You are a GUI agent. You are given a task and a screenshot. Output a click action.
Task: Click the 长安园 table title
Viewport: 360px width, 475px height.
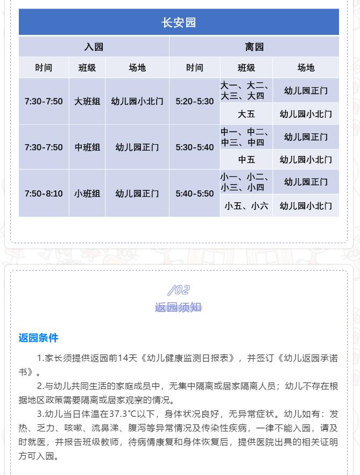tap(179, 23)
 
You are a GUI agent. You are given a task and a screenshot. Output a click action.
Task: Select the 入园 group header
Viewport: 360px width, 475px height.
tap(94, 47)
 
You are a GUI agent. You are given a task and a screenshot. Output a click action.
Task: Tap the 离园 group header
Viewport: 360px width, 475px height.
tap(254, 47)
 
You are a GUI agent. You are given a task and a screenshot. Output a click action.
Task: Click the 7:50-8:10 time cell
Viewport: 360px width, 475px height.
tap(44, 194)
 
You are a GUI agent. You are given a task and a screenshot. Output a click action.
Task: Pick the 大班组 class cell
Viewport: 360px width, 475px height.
tap(87, 101)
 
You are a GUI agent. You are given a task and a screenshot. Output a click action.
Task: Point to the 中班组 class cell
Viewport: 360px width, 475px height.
tap(87, 147)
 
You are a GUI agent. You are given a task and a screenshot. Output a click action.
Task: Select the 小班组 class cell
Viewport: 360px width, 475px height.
tap(87, 194)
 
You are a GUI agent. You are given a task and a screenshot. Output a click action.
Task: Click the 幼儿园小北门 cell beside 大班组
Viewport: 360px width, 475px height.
tap(137, 101)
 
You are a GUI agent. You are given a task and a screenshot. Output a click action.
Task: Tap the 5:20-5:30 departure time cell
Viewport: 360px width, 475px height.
tap(195, 101)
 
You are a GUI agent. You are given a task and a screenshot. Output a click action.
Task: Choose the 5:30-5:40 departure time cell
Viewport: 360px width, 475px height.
tap(195, 147)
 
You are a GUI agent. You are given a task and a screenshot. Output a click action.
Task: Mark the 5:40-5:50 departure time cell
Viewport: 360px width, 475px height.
tap(195, 194)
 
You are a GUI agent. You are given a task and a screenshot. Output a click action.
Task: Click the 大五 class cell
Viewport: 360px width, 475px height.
tap(246, 114)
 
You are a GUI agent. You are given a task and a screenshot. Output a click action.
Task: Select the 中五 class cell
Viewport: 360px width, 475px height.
tap(246, 159)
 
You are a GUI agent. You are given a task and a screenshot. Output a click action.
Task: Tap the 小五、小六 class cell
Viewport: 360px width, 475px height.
tap(246, 206)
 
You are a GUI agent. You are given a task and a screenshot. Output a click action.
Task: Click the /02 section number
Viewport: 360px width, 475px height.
tap(179, 290)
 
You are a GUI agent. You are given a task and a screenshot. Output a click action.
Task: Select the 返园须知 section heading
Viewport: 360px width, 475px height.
tap(178, 307)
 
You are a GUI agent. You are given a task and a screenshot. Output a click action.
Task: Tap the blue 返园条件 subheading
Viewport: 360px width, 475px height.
tap(38, 338)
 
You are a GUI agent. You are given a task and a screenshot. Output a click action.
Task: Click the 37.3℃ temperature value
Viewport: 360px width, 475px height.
tap(119, 414)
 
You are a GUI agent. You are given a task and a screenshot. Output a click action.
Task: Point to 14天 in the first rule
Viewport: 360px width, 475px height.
tap(128, 358)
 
